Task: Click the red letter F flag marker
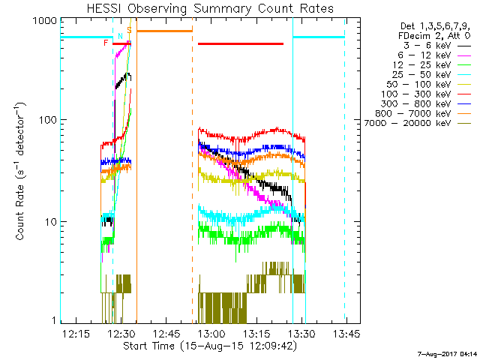(x=106, y=43)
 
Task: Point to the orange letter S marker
(x=129, y=30)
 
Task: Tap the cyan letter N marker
(x=120, y=36)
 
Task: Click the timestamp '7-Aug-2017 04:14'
(x=448, y=352)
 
